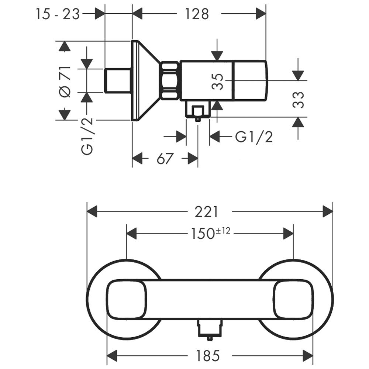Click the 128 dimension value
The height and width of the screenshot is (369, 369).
click(x=197, y=14)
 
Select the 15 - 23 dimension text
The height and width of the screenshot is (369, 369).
click(x=58, y=14)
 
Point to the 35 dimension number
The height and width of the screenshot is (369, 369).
click(x=217, y=82)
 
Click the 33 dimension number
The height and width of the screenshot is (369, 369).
click(x=298, y=100)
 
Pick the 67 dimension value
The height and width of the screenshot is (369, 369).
click(x=165, y=158)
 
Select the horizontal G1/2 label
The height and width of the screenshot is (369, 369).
click(x=254, y=137)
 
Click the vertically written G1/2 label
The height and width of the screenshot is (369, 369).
click(x=87, y=136)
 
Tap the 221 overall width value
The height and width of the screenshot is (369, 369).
click(x=206, y=212)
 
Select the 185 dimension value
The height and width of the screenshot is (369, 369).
click(x=208, y=355)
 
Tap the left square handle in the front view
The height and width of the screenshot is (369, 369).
click(x=126, y=300)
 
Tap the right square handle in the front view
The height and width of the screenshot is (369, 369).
click(x=293, y=300)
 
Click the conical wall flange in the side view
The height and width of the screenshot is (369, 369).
click(x=146, y=81)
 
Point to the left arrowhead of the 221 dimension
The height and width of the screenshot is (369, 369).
click(x=92, y=211)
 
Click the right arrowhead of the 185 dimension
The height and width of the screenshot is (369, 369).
click(x=308, y=355)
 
